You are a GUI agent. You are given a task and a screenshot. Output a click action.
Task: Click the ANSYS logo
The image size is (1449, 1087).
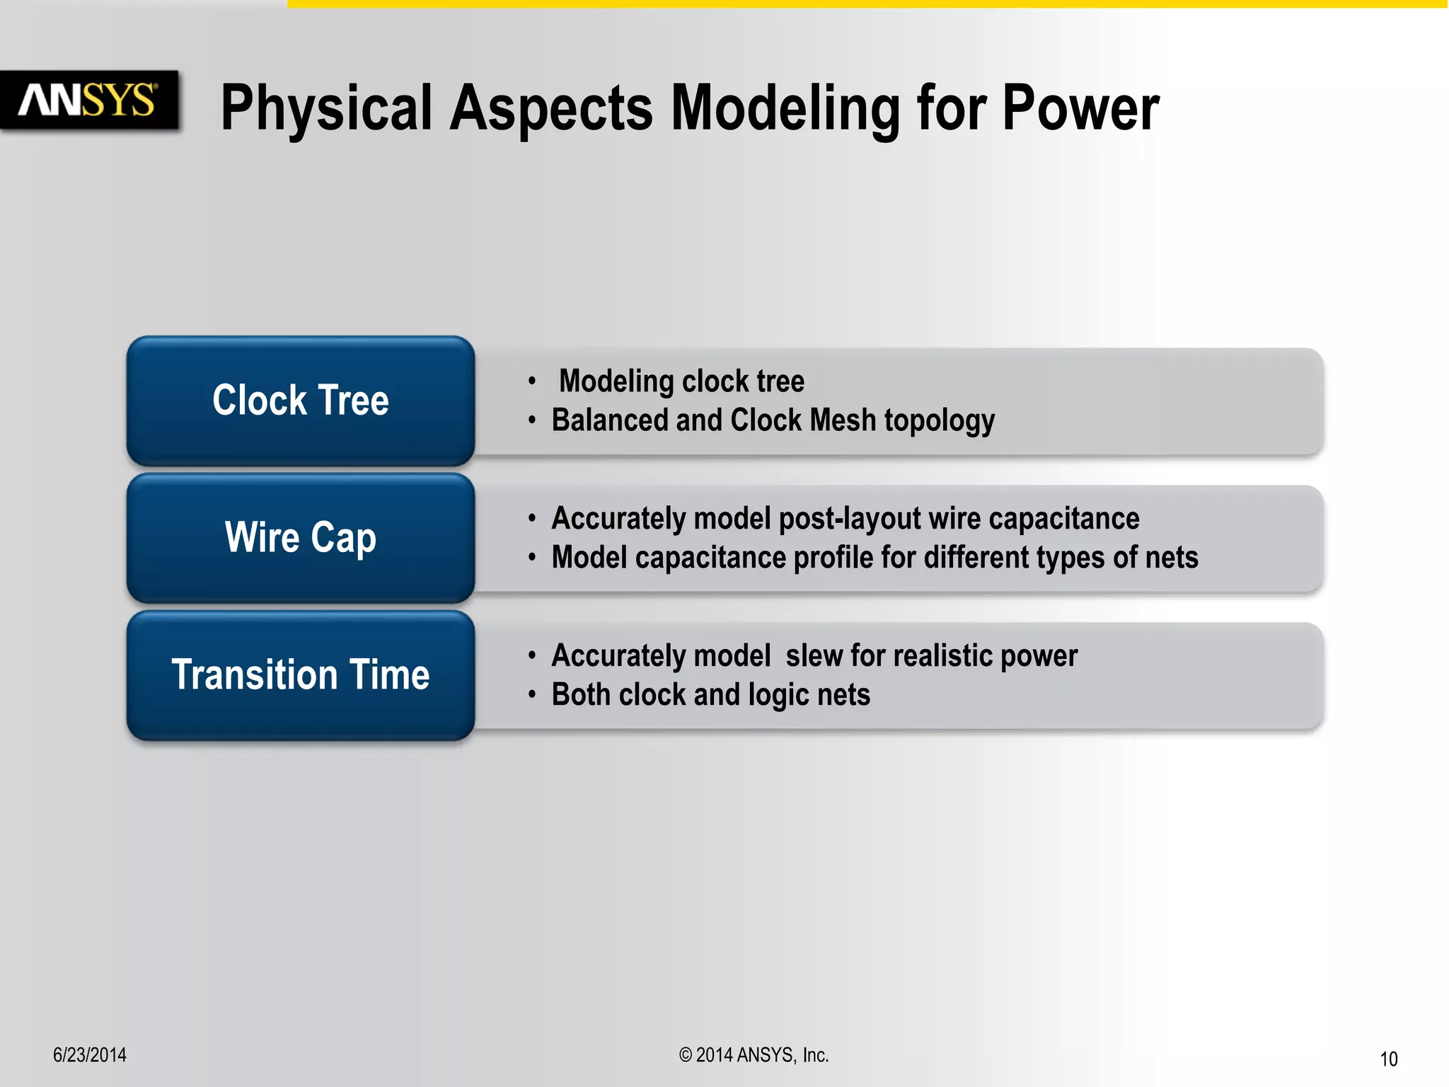(88, 100)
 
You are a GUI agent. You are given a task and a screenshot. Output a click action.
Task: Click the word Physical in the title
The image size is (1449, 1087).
(325, 110)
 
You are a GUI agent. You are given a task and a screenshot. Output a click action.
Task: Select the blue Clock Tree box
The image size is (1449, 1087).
(301, 401)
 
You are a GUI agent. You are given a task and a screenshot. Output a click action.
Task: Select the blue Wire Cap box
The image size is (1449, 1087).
(301, 538)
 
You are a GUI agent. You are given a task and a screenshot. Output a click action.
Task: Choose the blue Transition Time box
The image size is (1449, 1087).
(301, 675)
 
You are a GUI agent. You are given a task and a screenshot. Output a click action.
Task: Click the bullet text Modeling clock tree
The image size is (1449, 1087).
(681, 381)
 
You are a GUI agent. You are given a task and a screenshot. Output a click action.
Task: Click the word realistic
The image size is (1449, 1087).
(943, 656)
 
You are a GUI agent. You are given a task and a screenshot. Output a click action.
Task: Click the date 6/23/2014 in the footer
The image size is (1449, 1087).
(90, 1055)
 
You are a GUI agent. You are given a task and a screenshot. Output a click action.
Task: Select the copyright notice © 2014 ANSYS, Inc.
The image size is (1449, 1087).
(754, 1055)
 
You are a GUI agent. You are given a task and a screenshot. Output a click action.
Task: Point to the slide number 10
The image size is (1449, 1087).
(1388, 1059)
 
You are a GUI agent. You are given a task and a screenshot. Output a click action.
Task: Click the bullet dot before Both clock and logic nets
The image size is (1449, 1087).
(532, 695)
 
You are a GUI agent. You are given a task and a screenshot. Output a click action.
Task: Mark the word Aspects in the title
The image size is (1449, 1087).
(551, 110)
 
